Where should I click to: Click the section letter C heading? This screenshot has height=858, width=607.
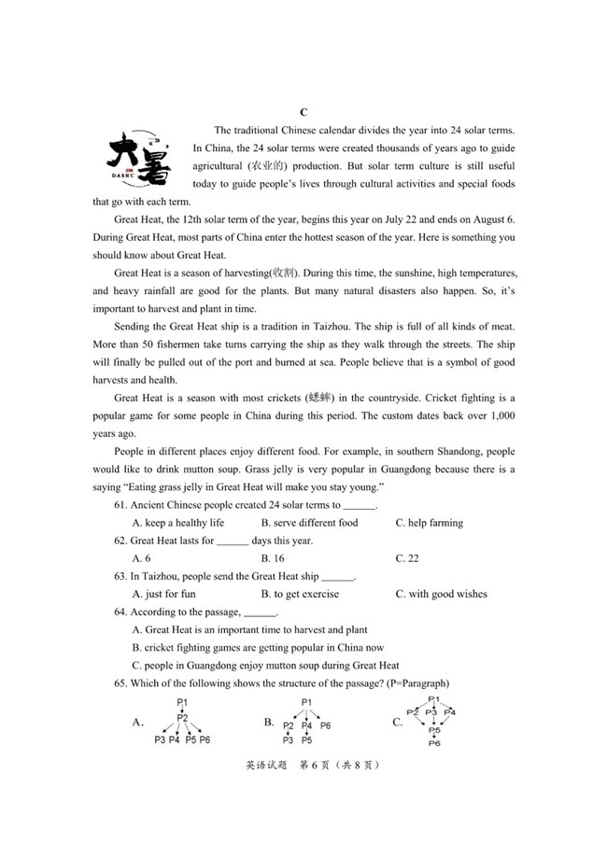pyautogui.click(x=303, y=112)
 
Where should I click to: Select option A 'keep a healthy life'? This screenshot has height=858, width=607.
pyautogui.click(x=177, y=523)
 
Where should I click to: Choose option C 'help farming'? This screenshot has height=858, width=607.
pyautogui.click(x=429, y=523)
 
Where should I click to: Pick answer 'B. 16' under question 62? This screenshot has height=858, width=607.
pyautogui.click(x=273, y=558)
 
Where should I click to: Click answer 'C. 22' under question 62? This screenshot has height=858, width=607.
pyautogui.click(x=407, y=558)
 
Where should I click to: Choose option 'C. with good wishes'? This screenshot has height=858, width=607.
pyautogui.click(x=441, y=594)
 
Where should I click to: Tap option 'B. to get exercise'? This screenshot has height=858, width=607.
pyautogui.click(x=300, y=594)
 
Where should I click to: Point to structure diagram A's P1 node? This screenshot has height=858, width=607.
pyautogui.click(x=183, y=702)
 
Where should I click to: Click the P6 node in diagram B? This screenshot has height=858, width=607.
pyautogui.click(x=325, y=725)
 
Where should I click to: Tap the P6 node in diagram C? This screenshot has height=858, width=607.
pyautogui.click(x=434, y=743)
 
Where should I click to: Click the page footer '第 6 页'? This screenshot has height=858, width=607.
pyautogui.click(x=315, y=765)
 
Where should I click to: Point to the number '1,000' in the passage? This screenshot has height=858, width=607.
pyautogui.click(x=501, y=416)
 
